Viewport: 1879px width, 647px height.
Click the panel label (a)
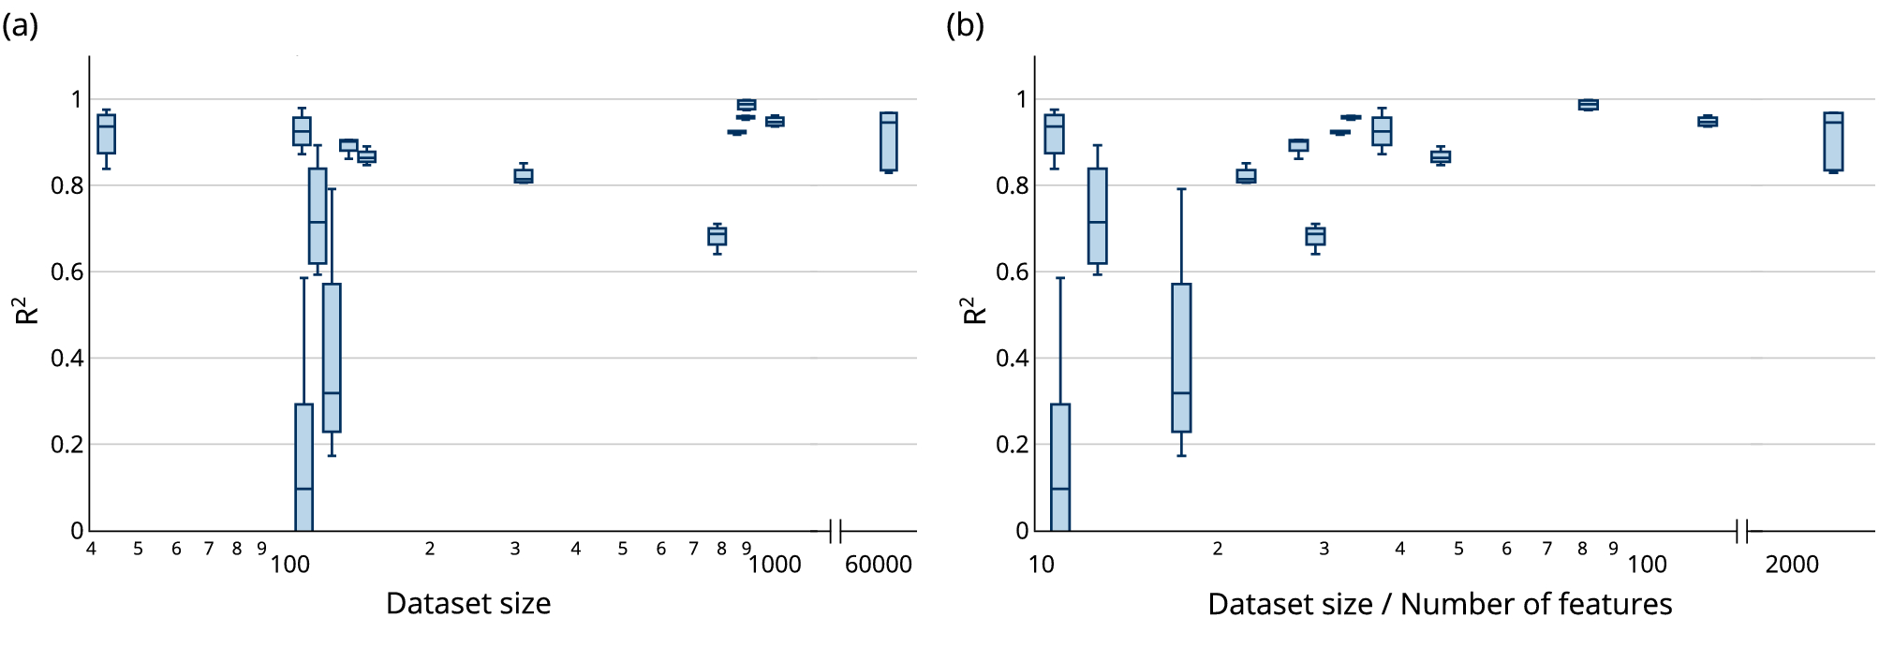tap(20, 25)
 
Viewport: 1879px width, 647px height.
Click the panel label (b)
tap(965, 25)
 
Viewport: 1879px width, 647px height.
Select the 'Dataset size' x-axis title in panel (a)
tap(468, 604)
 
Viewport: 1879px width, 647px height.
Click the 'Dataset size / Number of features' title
tap(1440, 604)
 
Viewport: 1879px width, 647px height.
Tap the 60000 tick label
tap(878, 565)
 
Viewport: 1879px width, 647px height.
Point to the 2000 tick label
tap(1791, 565)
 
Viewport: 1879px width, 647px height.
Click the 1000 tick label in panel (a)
tap(775, 565)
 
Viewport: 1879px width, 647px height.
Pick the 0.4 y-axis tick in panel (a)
tap(67, 359)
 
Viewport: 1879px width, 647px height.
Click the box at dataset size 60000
tap(888, 142)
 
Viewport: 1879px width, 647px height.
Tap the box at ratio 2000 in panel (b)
tap(1833, 142)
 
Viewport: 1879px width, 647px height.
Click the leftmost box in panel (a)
tap(107, 134)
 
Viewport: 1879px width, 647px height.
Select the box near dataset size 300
tap(524, 176)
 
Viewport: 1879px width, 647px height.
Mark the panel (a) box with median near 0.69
tap(718, 236)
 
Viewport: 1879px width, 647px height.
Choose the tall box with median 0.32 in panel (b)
tap(1181, 358)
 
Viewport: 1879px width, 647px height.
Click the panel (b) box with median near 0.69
tap(1315, 236)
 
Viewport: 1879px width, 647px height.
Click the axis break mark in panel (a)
tap(836, 532)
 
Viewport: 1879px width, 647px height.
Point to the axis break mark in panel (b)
tap(1742, 532)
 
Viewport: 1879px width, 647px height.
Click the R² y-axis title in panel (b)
tap(974, 311)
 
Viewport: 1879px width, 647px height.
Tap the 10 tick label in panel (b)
tap(1041, 565)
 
